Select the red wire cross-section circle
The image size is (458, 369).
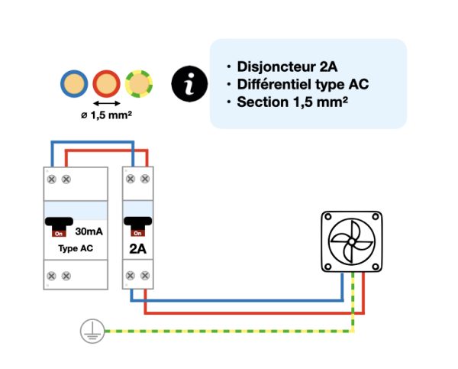pos(108,82)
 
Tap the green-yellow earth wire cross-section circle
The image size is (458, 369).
pos(140,83)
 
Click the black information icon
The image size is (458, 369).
pos(188,83)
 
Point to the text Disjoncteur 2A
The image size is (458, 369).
pos(287,66)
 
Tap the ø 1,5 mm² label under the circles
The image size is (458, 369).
pos(108,116)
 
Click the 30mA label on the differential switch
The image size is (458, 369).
pos(90,230)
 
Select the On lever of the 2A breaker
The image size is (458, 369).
pos(137,227)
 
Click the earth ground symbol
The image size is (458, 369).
pos(90,331)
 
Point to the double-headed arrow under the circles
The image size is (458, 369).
pos(108,102)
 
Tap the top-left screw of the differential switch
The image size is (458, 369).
pos(51,179)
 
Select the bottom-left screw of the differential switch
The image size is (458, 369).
pos(51,275)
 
